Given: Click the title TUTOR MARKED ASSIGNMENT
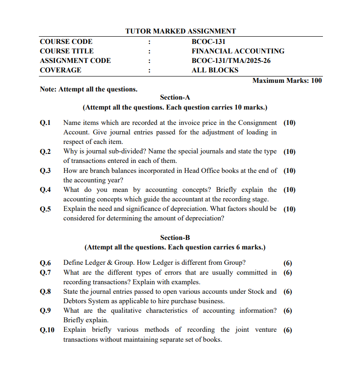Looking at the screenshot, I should pos(180,31).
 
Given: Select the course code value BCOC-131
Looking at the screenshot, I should pos(208,42).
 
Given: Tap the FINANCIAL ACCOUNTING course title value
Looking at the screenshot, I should pos(238,51).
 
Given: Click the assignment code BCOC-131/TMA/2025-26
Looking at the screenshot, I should pos(231,61).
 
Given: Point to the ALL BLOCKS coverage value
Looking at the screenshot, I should pos(215,70).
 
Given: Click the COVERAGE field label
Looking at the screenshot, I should pos(61,70).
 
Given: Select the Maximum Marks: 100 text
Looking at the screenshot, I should pos(287,81).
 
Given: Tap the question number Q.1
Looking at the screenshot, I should pos(45,123).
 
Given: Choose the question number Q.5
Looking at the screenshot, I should pos(45,209).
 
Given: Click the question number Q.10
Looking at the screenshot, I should pos(47,330).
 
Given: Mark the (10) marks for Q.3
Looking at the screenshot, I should pos(289,171).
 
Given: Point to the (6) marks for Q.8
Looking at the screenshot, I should pos(288,292).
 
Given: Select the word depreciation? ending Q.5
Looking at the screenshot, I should pos(202,218).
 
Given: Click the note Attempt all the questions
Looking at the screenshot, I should pos(89,89).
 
